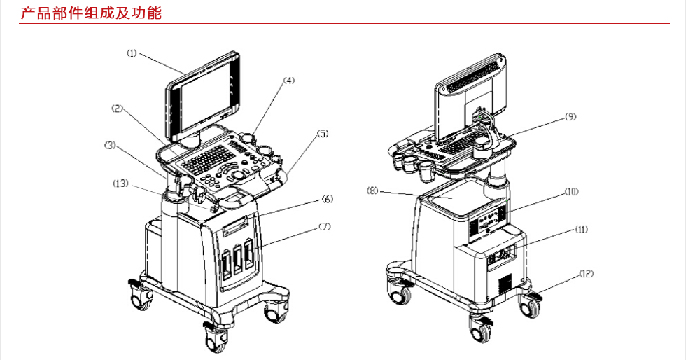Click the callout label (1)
click(x=132, y=53)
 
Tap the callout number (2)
click(x=118, y=109)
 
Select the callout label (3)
click(x=110, y=145)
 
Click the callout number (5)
click(x=322, y=134)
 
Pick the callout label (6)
click(x=328, y=200)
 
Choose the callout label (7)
click(x=324, y=226)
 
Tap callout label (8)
click(x=372, y=191)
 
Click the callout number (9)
click(x=570, y=117)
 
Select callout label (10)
click(x=571, y=192)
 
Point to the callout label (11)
click(x=581, y=229)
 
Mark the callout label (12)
click(x=587, y=274)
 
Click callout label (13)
click(x=120, y=183)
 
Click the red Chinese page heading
click(x=91, y=13)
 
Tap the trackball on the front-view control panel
click(x=238, y=174)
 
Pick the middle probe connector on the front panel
click(x=238, y=260)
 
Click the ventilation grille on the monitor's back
click(x=472, y=76)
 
